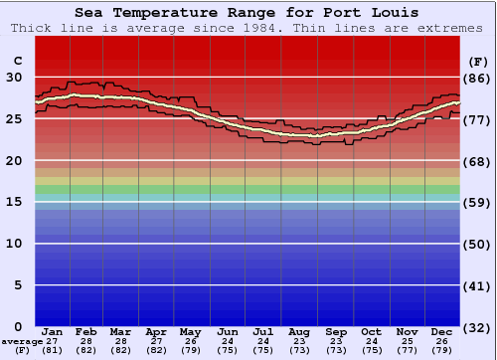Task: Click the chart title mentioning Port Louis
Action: click(246, 13)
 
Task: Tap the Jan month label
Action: click(53, 332)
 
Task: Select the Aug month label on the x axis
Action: click(299, 332)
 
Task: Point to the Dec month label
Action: click(442, 332)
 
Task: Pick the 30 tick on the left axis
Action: click(15, 77)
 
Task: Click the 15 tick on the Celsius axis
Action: click(15, 202)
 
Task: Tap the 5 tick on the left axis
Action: click(15, 285)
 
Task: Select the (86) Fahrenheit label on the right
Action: click(478, 78)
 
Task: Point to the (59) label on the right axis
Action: click(478, 203)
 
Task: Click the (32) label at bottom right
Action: click(478, 327)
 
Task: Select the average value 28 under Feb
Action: click(86, 341)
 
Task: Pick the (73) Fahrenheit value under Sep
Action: click(336, 350)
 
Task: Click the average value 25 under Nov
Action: click(407, 341)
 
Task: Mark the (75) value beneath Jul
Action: click(263, 350)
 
